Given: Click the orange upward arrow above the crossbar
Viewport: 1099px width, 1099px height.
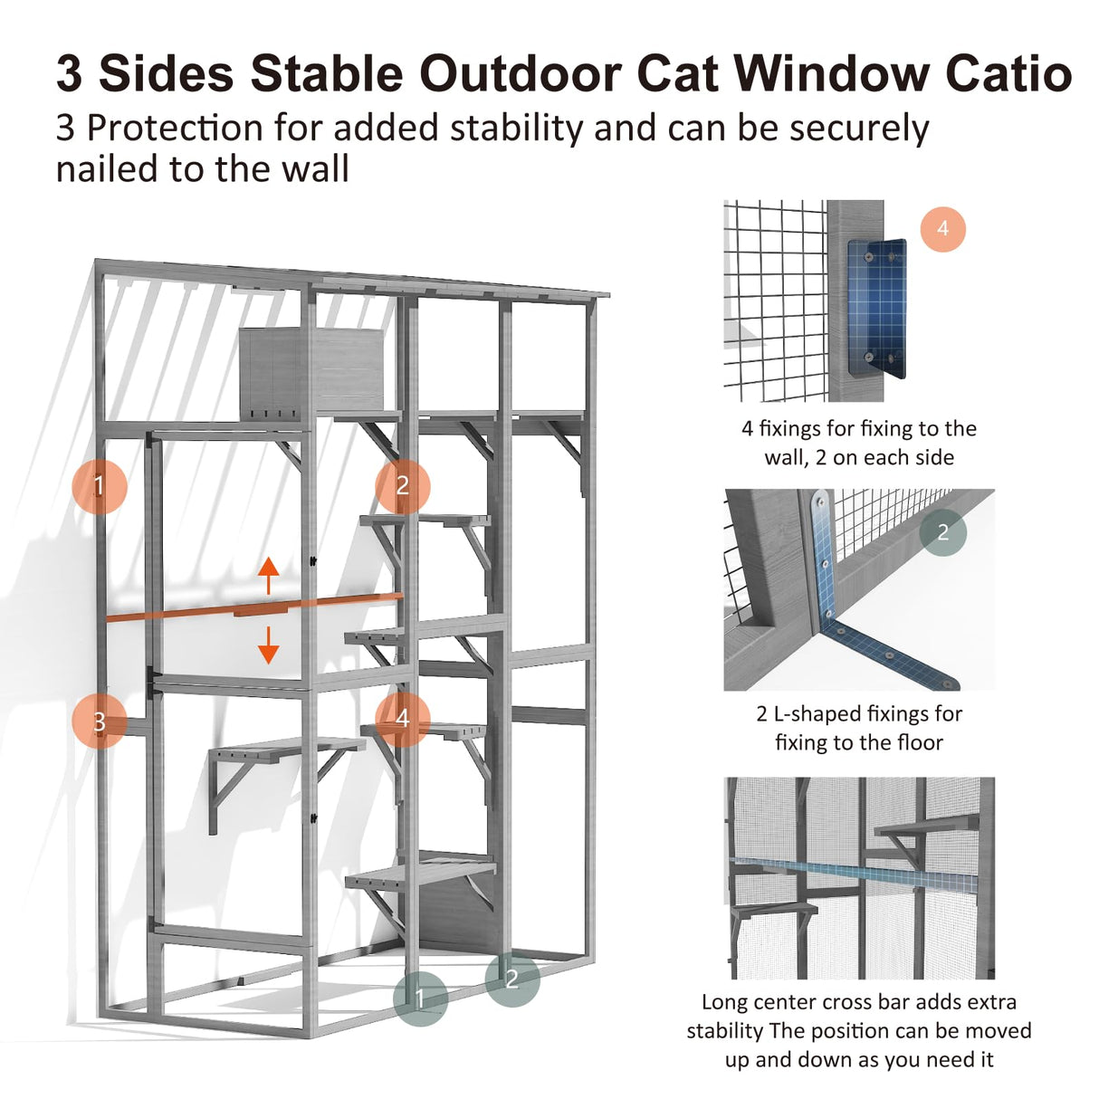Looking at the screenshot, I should pyautogui.click(x=268, y=576).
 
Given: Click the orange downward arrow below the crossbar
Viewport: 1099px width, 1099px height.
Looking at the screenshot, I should pyautogui.click(x=268, y=644).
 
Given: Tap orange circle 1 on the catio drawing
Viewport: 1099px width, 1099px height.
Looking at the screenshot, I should pyautogui.click(x=100, y=486).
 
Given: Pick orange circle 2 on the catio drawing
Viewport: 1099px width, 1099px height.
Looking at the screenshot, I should pyautogui.click(x=403, y=485).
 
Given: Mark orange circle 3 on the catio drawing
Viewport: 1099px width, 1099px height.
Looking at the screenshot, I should pyautogui.click(x=100, y=722).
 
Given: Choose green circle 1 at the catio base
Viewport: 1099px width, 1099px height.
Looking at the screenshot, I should pyautogui.click(x=420, y=999).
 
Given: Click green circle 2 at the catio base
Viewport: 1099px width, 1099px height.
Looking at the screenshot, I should pyautogui.click(x=511, y=979).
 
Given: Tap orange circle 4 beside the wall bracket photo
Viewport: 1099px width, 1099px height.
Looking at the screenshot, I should pyautogui.click(x=942, y=229).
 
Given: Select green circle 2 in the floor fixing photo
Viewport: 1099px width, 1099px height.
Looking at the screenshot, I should pyautogui.click(x=942, y=532).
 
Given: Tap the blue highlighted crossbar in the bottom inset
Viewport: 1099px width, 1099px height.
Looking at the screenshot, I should pyautogui.click(x=860, y=873).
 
